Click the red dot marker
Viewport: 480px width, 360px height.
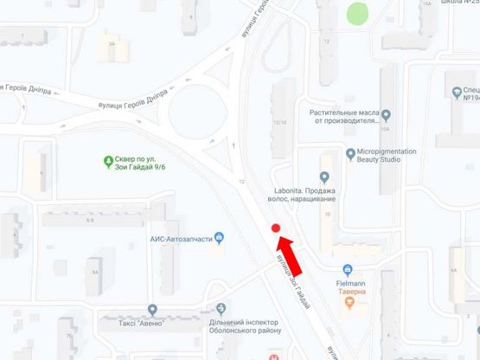276,228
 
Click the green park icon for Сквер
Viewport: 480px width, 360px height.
109,160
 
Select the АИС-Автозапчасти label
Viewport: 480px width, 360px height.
181,239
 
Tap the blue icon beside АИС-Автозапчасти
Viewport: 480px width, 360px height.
220,238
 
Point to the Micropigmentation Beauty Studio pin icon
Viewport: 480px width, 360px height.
350,155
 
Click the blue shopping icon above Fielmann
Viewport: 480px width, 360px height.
347,269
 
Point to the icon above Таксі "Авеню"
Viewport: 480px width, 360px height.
153,309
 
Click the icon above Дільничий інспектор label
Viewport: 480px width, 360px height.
222,309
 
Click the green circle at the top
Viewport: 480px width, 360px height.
357,14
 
